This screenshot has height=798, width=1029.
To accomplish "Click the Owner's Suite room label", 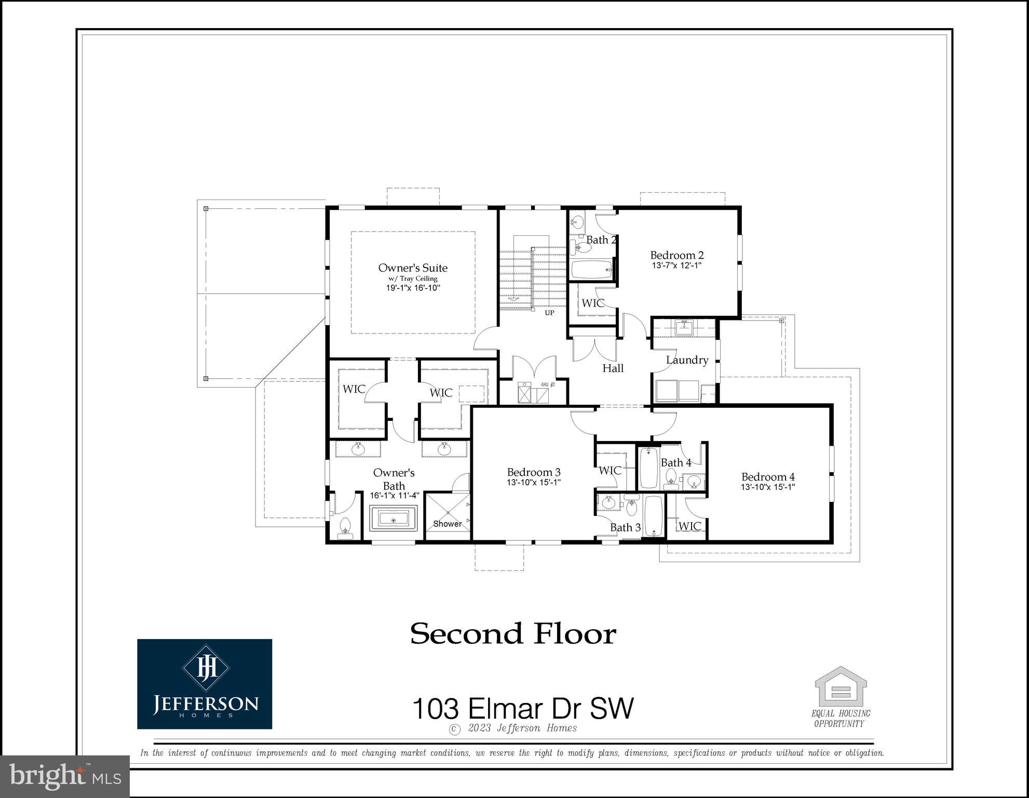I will click(x=413, y=268).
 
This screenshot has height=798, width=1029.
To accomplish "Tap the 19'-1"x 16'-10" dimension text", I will click(x=413, y=288).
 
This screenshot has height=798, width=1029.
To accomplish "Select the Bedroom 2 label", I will click(x=677, y=255).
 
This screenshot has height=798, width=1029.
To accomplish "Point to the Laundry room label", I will click(x=687, y=360).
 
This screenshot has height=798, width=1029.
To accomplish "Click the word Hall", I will click(x=613, y=368).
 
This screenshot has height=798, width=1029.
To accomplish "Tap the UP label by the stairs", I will click(x=549, y=313).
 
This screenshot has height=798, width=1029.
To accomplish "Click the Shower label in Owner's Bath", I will click(x=447, y=524).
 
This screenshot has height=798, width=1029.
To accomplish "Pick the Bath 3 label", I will click(x=625, y=527).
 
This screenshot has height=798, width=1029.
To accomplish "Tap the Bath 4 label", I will click(x=675, y=462).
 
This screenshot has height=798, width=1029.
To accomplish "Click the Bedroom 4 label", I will click(x=768, y=477).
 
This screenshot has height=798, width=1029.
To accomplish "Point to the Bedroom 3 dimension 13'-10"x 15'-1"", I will click(x=534, y=482).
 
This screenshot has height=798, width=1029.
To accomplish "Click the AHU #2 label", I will click(x=548, y=385).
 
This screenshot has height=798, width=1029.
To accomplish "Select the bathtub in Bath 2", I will click(x=591, y=270).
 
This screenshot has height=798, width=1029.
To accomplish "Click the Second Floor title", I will click(x=513, y=634).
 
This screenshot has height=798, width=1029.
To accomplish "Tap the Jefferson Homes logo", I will click(x=205, y=684).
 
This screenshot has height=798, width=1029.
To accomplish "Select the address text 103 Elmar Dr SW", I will click(x=523, y=709).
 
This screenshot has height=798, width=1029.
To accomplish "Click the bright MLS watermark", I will click(x=64, y=776).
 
